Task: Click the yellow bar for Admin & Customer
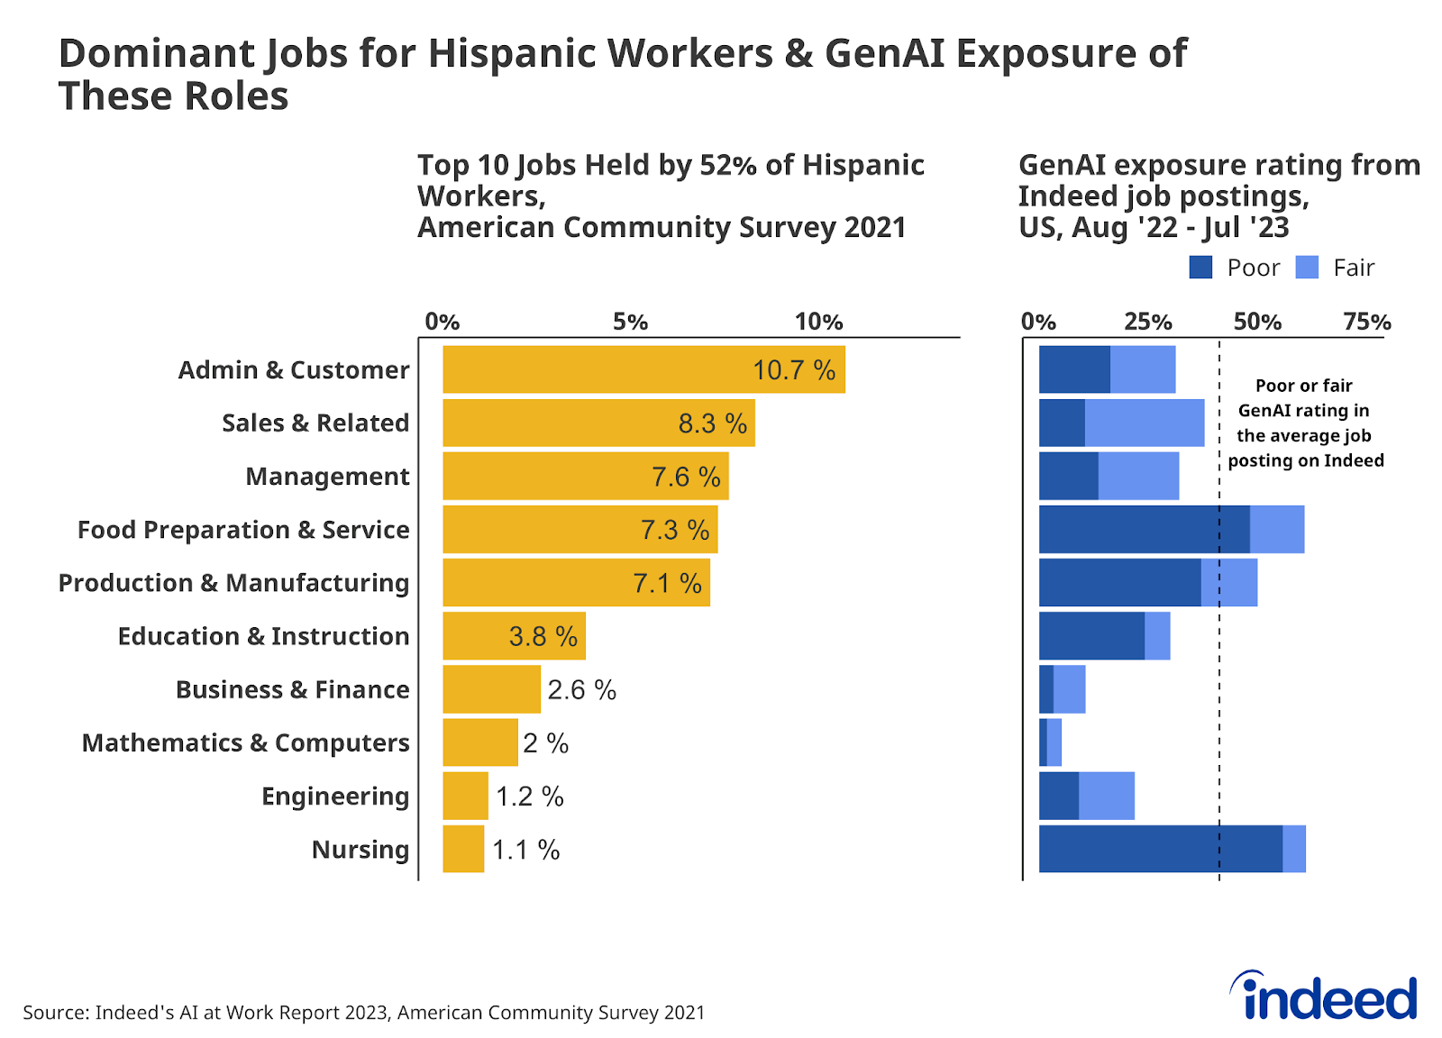pos(643,369)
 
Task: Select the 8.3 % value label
pos(712,423)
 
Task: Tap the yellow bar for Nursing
pos(463,849)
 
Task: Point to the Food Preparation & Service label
pos(243,530)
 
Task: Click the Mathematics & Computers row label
pos(245,742)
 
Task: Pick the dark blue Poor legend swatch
pos(1200,268)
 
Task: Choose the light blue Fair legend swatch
pos(1307,268)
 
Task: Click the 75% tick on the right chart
pos(1366,322)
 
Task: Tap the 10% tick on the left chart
pos(818,322)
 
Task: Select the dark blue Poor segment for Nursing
pos(1160,849)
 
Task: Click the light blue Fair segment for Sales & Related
pos(1145,423)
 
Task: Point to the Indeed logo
pos(1324,997)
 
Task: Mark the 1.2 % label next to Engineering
pos(530,797)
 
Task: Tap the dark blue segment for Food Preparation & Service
pos(1144,530)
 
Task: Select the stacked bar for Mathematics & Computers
pos(1050,742)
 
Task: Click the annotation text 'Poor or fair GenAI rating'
pos(1304,397)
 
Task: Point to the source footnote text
pos(363,1013)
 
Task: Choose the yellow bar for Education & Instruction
pos(514,636)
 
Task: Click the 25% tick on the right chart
pos(1147,322)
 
